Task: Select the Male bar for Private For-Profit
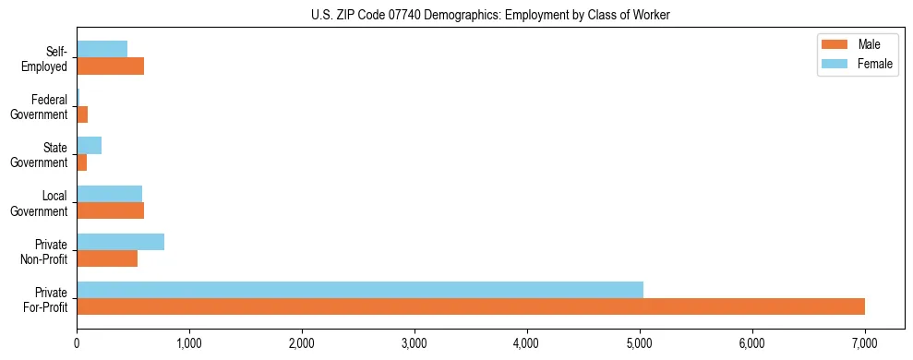[471, 306]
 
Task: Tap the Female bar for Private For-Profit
[360, 290]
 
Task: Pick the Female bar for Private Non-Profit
[120, 242]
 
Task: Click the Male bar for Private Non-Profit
[107, 258]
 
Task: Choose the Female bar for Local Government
[109, 194]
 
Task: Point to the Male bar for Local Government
[110, 210]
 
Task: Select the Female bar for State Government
[89, 146]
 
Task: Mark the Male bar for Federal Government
[82, 114]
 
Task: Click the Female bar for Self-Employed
[102, 50]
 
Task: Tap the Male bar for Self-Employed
[110, 66]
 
